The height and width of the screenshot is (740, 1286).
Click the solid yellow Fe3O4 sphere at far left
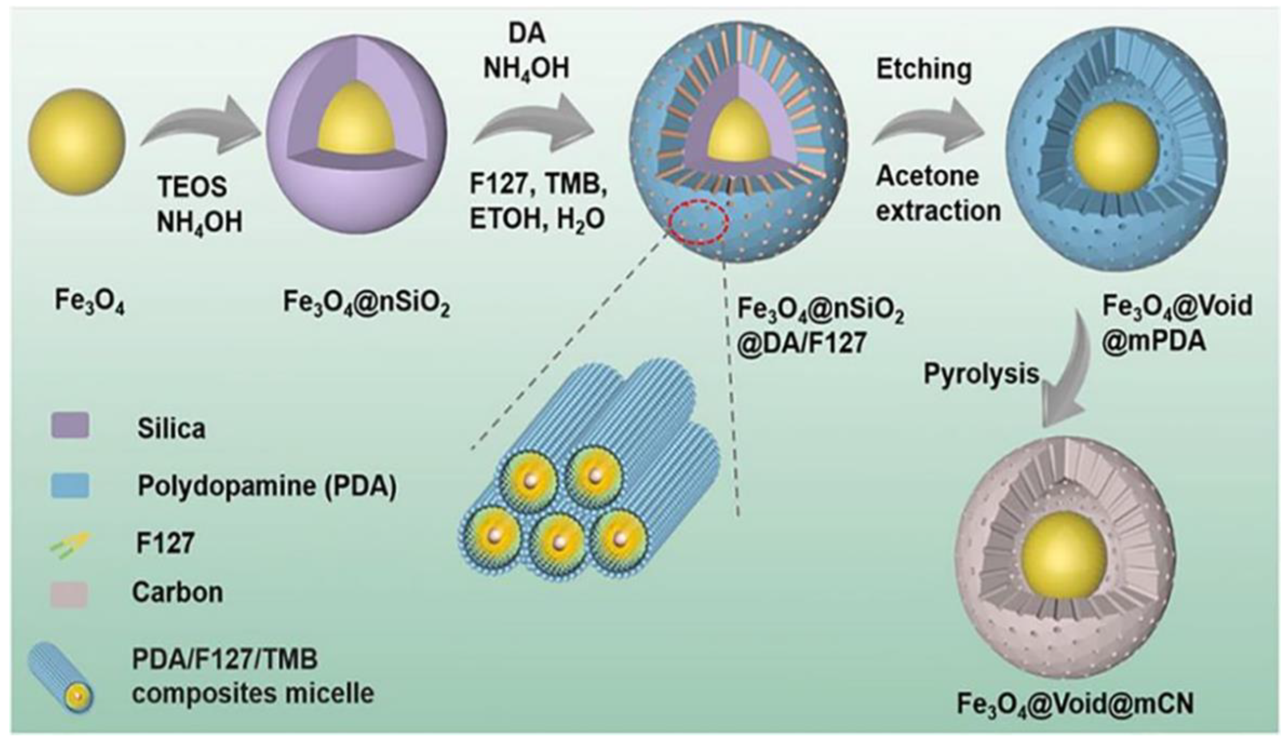76,141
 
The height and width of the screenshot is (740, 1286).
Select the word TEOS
192,187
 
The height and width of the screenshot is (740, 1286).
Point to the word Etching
924,70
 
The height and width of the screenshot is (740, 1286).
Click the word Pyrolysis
982,374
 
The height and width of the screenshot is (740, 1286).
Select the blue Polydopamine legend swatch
70,485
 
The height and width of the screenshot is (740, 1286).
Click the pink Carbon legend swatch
69,594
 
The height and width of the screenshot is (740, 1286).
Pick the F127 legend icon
71,543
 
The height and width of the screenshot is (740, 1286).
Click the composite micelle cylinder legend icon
61,676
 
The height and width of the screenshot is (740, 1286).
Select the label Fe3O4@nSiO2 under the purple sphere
366,304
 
